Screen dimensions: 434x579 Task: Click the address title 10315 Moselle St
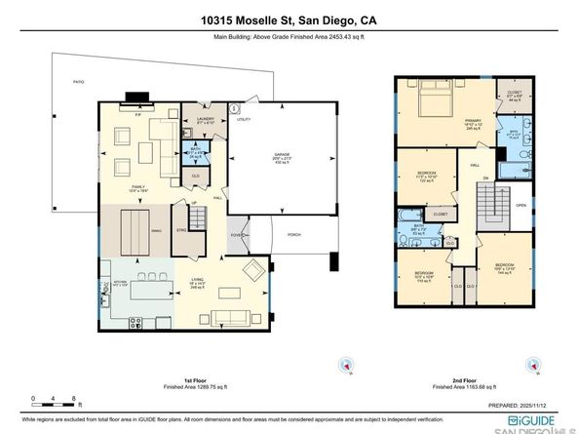pyautogui.click(x=289, y=18)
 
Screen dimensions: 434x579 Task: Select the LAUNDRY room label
pyautogui.click(x=204, y=122)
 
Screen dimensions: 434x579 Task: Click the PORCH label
pyautogui.click(x=292, y=235)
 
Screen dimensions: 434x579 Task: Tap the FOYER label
pyautogui.click(x=236, y=234)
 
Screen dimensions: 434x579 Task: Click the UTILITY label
pyautogui.click(x=244, y=120)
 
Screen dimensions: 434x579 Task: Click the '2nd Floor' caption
pyautogui.click(x=464, y=380)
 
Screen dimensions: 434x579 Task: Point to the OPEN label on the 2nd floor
pyautogui.click(x=521, y=206)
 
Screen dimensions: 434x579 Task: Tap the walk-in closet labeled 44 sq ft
pyautogui.click(x=515, y=98)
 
